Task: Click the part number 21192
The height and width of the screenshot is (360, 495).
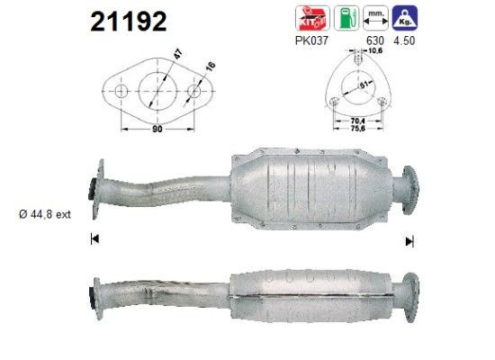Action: (129, 22)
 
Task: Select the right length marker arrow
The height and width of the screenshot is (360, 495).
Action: (409, 240)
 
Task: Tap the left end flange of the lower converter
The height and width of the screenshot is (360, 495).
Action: (95, 293)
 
